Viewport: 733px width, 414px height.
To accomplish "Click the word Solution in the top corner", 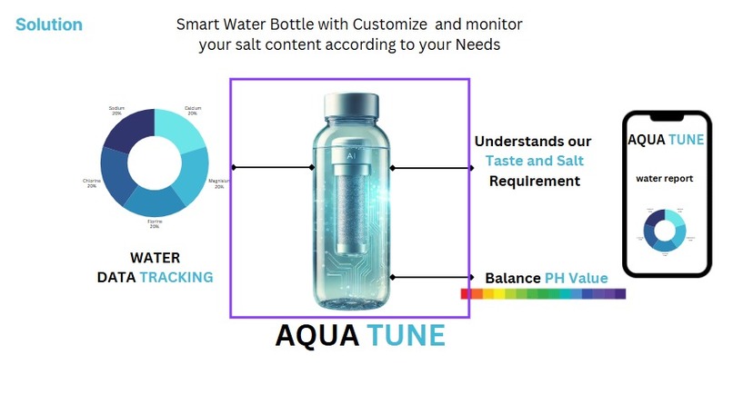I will pos(49,25).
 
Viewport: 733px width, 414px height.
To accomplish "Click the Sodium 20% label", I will pos(116,111).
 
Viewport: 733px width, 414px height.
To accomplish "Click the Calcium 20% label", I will pos(192,111).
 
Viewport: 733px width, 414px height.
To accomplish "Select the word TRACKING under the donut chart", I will pos(176,277).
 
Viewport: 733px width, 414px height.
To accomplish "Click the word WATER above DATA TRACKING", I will pos(155,258).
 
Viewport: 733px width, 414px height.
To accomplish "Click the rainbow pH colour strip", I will pos(543,294).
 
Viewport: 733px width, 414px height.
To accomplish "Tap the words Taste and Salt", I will pos(535,161).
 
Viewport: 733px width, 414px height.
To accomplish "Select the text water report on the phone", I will pos(664,179).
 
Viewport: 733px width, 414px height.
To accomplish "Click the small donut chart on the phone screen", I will pos(664,231).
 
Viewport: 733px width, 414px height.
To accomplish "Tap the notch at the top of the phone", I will pos(664,118).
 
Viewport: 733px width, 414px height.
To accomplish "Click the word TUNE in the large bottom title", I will pos(407,336).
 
